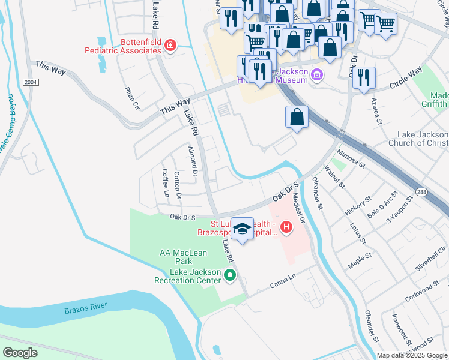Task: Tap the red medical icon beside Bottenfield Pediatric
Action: [170, 45]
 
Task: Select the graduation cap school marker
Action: [242, 229]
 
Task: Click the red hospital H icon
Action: [287, 227]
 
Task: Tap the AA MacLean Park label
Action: [176, 257]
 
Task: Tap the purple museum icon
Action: [318, 76]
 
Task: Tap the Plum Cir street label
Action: [132, 98]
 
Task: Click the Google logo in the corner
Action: [20, 353]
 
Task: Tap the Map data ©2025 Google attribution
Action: [412, 355]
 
